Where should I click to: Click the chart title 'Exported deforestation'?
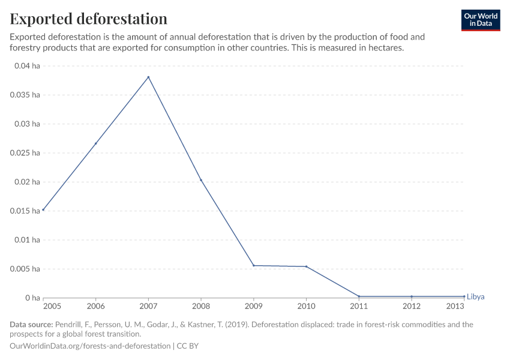[x=88, y=19]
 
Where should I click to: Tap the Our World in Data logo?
[x=480, y=20]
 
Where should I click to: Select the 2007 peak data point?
[x=148, y=77]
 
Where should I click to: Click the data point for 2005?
[x=43, y=209]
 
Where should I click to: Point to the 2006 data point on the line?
[x=95, y=143]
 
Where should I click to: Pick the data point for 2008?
[x=201, y=180]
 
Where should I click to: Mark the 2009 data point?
[x=254, y=265]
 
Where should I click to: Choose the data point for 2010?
[x=306, y=266]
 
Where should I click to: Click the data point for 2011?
[x=359, y=296]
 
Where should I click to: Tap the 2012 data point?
[x=412, y=296]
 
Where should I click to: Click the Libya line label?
[x=475, y=297]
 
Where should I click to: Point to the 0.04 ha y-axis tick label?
[x=26, y=66]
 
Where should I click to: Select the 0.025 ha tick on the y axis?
[x=25, y=153]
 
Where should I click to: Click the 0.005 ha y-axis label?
[x=25, y=269]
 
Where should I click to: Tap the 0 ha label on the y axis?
[x=31, y=298]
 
